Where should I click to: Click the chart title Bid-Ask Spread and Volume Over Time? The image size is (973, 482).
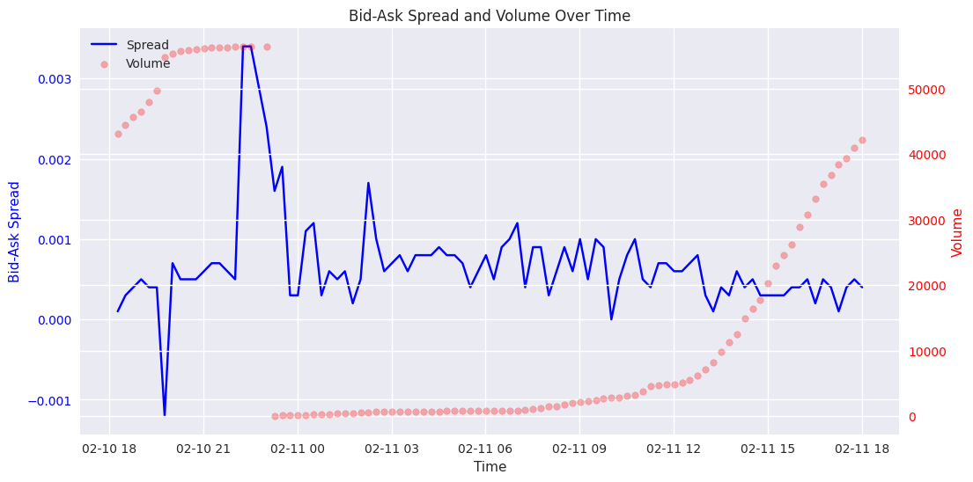pos(489,16)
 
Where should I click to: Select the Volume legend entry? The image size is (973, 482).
pos(148,63)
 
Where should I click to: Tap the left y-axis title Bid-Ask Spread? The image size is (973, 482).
pos(15,231)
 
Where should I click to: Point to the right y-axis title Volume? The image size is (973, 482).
pos(957,232)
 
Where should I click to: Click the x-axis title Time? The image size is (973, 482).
pos(490,467)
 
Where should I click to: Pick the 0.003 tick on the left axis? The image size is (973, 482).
pos(55,79)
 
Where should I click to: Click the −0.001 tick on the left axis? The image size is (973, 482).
pos(51,401)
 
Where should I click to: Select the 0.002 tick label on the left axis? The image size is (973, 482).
pos(55,160)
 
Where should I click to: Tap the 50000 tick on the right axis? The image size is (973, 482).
pos(925,90)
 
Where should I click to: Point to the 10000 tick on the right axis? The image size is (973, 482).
pos(925,352)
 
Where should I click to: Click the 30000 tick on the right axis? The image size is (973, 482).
pos(925,221)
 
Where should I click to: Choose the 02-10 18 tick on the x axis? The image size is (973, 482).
pos(109,448)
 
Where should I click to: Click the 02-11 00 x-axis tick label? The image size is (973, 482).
pos(298,448)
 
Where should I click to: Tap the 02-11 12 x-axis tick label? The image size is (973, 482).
pos(674,448)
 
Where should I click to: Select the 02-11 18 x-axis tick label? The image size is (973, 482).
pos(862,448)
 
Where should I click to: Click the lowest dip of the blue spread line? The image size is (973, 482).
pos(165,414)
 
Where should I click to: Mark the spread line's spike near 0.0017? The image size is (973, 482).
pos(368,183)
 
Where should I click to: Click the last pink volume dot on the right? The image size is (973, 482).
pos(862,140)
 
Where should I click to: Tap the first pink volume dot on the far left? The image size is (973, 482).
pos(118,134)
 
